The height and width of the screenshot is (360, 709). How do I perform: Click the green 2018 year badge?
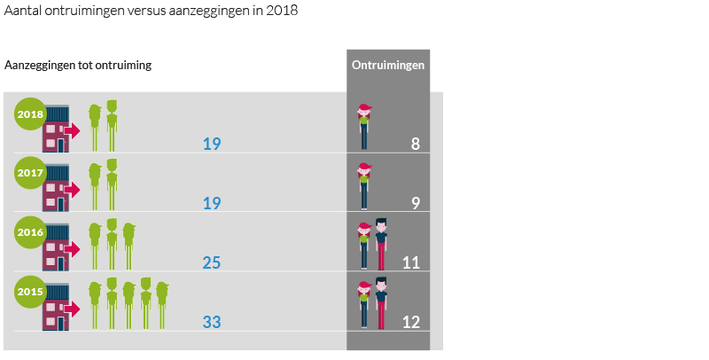29,113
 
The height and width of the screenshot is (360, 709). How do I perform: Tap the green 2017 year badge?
29,172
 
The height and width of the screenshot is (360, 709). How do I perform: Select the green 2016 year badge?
29,231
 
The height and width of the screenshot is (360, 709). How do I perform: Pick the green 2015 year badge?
29,291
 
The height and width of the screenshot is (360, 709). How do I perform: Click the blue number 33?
212,322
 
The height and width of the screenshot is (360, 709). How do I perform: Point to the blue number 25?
212,262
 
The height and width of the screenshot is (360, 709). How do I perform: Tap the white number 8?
416,144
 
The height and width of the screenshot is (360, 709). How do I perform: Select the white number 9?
416,203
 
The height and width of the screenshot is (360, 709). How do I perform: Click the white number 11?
411,262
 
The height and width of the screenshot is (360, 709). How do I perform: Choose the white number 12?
411,322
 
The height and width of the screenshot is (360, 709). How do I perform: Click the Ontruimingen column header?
387,66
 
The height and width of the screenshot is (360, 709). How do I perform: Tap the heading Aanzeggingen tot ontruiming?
78,66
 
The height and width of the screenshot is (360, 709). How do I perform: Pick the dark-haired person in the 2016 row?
381,244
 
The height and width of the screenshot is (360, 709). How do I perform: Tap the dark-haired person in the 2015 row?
381,303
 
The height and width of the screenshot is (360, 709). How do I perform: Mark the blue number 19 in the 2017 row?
212,203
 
